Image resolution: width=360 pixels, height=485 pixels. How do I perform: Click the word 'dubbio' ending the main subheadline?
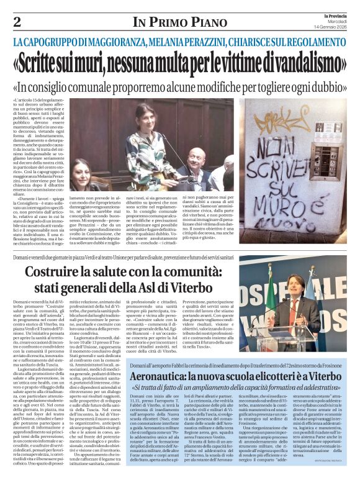[x=328, y=86]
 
